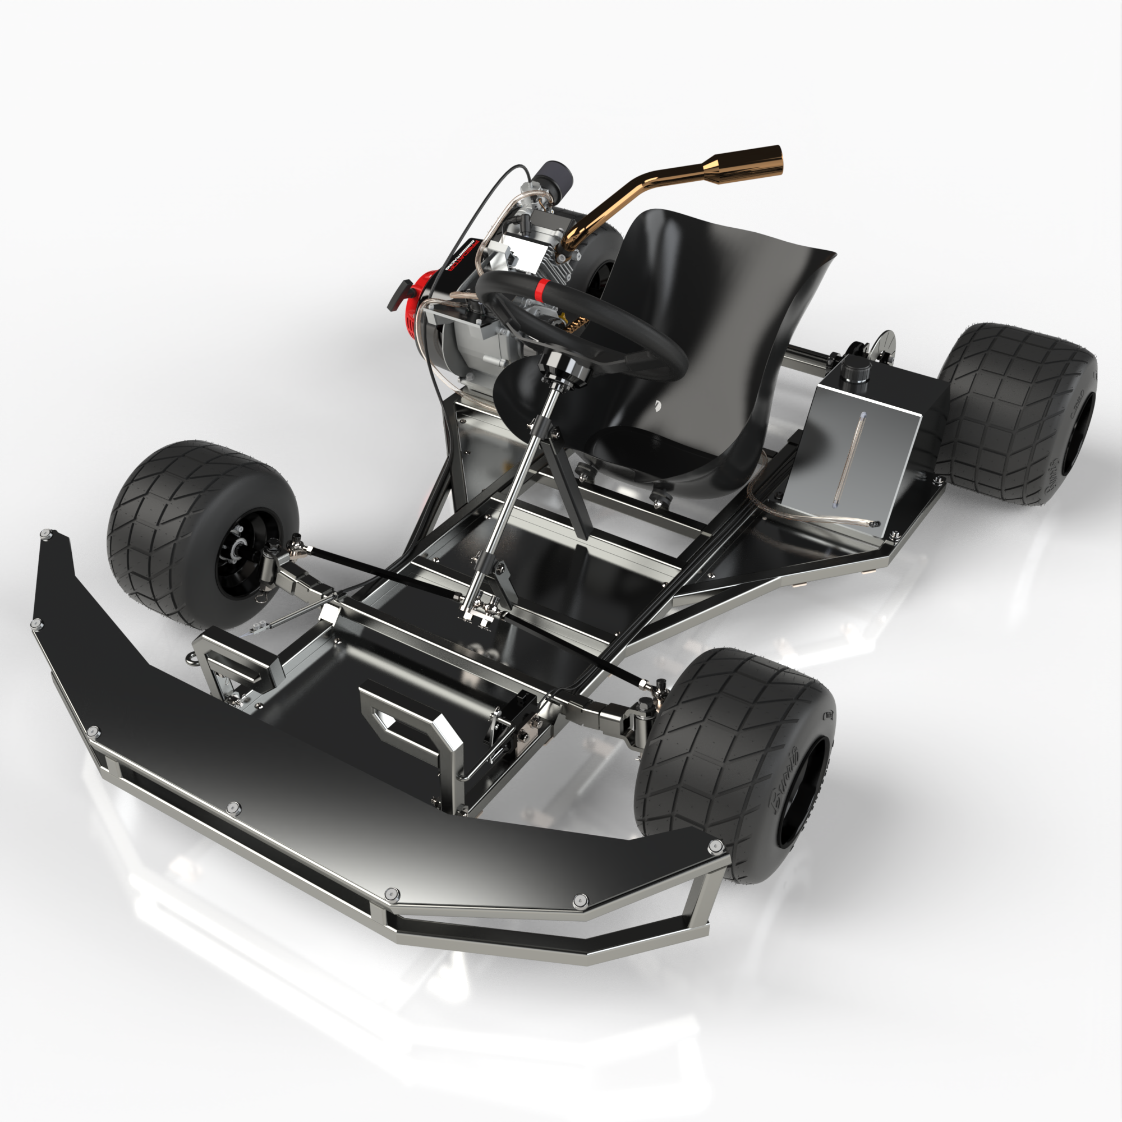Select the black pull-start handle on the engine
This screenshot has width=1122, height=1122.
pos(401,288)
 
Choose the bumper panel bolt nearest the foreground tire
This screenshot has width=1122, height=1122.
pos(715,845)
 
